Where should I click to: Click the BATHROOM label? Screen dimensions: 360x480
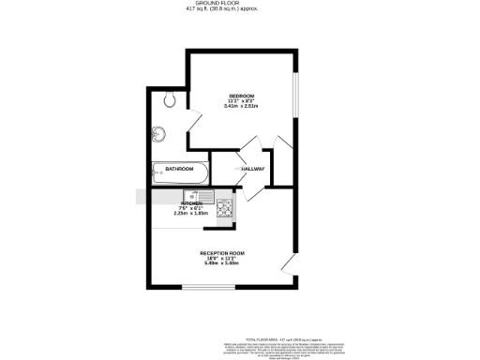(x=179, y=169)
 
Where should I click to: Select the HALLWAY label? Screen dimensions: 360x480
(x=253, y=169)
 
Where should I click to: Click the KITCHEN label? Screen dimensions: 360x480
(x=192, y=202)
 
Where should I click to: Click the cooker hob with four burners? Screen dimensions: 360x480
(x=225, y=210)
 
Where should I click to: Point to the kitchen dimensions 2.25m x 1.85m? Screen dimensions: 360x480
(x=191, y=213)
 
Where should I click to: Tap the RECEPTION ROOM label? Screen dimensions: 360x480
(x=221, y=253)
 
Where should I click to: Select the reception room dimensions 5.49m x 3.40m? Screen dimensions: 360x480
(x=221, y=263)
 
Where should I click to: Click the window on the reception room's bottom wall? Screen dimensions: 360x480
(x=202, y=288)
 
